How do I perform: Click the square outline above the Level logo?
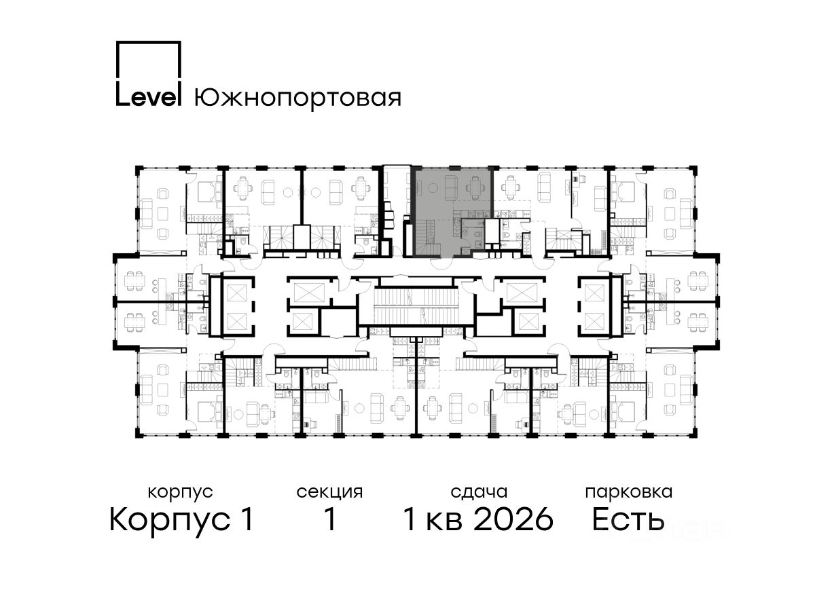pyautogui.click(x=149, y=61)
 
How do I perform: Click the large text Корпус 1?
pyautogui.click(x=181, y=519)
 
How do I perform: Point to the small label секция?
pyautogui.click(x=329, y=493)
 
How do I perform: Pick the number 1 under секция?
pyautogui.click(x=330, y=519)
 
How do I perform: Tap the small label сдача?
pyautogui.click(x=479, y=493)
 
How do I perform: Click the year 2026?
pyautogui.click(x=514, y=519)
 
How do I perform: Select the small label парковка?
pyautogui.click(x=629, y=493)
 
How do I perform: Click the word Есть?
pyautogui.click(x=628, y=519)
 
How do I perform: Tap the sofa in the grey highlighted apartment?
pyautogui.click(x=452, y=186)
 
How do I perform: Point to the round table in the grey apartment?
pyautogui.click(x=432, y=188)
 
